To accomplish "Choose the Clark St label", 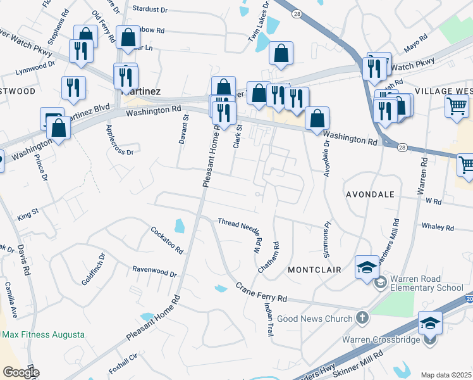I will point(238,136).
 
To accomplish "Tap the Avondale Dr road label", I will point(327,158).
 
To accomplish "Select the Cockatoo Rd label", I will point(167,239).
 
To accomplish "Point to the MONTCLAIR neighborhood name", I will point(314,270).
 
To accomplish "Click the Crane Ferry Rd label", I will point(261,293).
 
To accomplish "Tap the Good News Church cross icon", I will point(362,316).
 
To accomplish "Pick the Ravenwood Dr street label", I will point(154,271).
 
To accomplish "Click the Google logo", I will point(20,372).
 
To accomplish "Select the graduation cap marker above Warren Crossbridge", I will point(430,323).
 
